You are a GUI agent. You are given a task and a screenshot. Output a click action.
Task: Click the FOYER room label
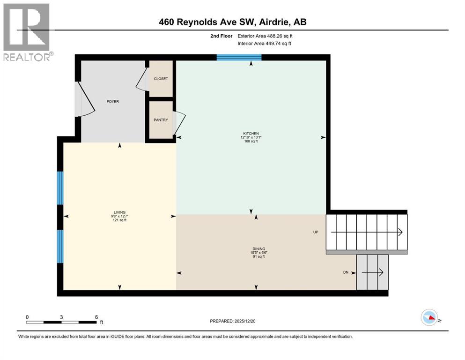(113, 101)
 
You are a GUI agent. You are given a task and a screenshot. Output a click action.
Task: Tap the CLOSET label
(161, 79)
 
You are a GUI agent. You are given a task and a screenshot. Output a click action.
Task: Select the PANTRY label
(161, 120)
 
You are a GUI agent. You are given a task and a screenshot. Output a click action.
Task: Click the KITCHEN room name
(251, 133)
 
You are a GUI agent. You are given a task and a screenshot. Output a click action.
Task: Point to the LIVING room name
(119, 212)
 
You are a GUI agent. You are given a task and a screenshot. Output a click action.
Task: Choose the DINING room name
(255, 249)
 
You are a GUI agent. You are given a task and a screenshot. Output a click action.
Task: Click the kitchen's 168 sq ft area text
(251, 141)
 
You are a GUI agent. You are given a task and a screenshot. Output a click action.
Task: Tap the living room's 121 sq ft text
(119, 220)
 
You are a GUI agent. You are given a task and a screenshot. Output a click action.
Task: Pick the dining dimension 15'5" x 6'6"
(255, 253)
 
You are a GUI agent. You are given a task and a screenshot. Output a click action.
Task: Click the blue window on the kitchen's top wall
(239, 57)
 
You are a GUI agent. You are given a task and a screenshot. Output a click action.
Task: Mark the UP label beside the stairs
(316, 232)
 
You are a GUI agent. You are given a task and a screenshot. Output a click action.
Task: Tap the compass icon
(429, 318)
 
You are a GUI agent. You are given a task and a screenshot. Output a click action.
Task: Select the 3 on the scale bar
(61, 317)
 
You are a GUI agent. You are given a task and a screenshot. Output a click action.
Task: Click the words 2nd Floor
(221, 36)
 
